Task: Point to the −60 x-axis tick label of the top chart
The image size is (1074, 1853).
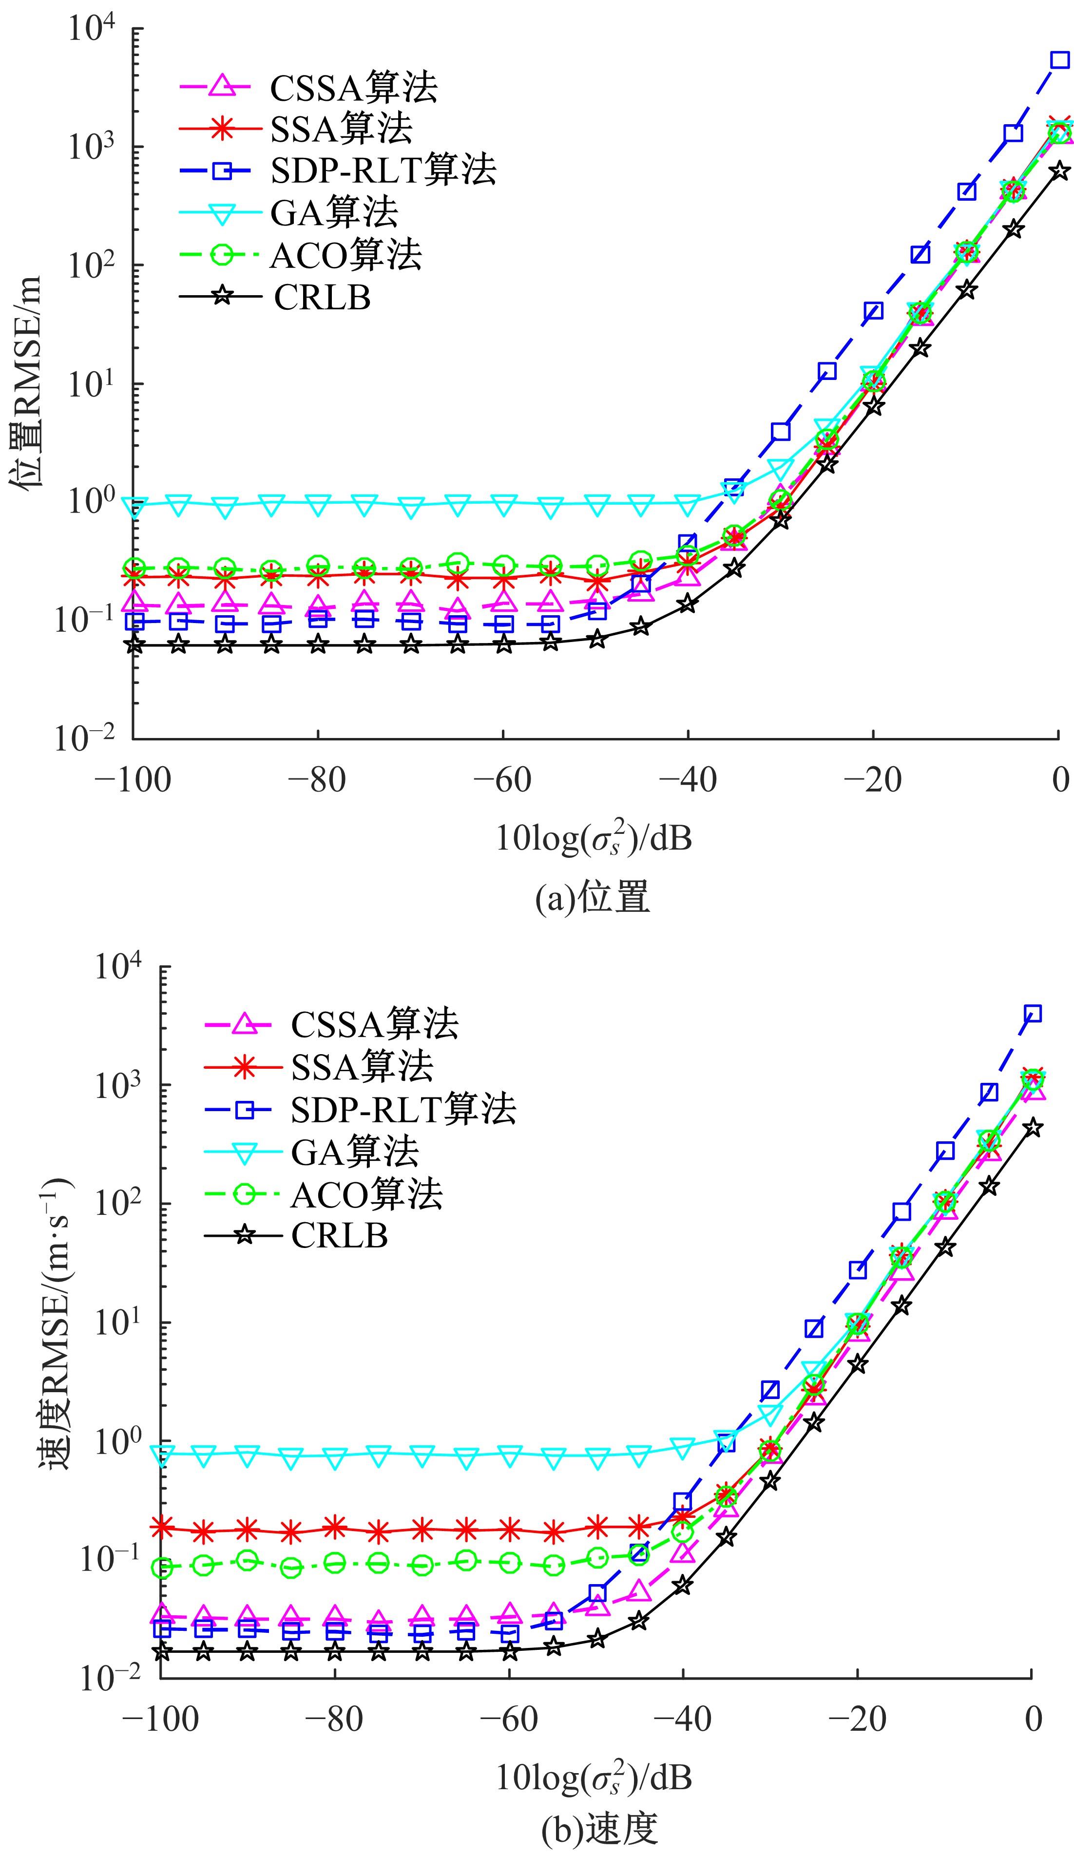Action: tap(502, 779)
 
